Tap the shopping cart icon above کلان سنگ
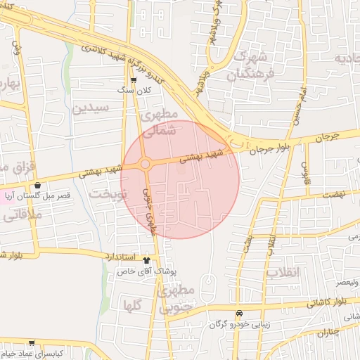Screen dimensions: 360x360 click(133, 81)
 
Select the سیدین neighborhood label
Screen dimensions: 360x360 click(90, 108)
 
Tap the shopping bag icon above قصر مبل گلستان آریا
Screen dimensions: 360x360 click(37, 186)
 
